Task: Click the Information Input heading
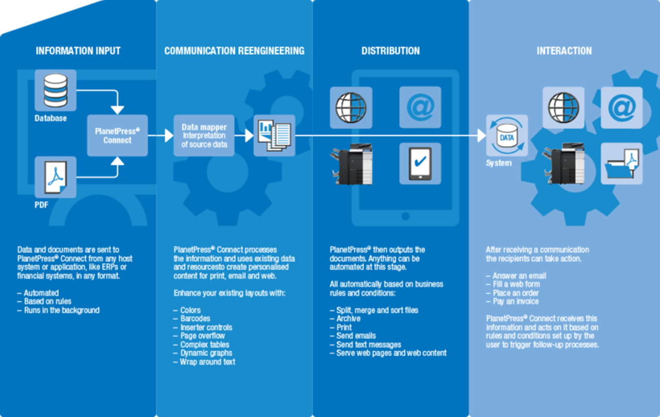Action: click(78, 51)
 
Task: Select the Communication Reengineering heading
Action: click(234, 51)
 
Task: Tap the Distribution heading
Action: click(390, 51)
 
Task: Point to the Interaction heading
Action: click(564, 51)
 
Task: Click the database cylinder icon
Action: click(55, 90)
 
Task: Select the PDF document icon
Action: click(55, 177)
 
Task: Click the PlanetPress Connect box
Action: click(117, 136)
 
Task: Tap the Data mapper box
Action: click(204, 136)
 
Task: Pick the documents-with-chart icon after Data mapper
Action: click(274, 135)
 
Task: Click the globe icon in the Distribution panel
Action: click(351, 107)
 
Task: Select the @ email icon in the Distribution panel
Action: click(420, 107)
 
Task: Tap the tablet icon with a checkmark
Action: click(420, 164)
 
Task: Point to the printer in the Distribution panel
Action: click(352, 164)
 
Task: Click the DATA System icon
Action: click(507, 136)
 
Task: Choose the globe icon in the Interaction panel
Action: click(563, 107)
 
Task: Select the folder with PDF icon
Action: click(622, 164)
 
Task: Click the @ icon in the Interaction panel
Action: click(622, 107)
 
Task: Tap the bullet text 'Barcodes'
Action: click(195, 319)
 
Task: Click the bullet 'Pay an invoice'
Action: click(515, 301)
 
